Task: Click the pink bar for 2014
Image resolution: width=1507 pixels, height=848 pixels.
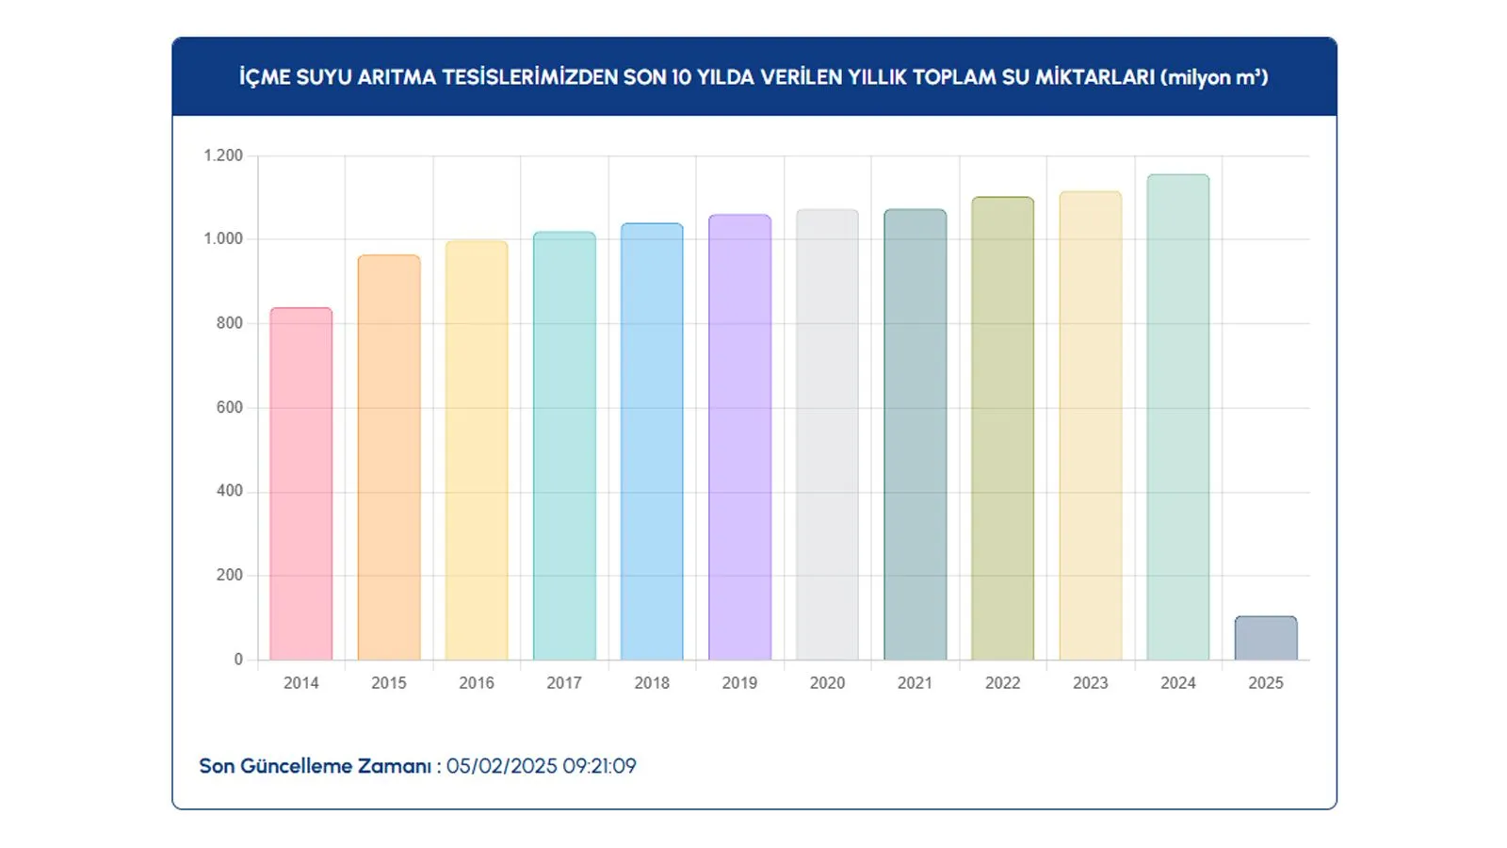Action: pyautogui.click(x=301, y=484)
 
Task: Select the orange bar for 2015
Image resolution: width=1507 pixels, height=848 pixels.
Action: pyautogui.click(x=389, y=458)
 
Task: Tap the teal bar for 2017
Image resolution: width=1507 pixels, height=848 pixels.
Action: pyautogui.click(x=564, y=446)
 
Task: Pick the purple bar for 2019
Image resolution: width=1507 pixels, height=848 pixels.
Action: pyautogui.click(x=739, y=437)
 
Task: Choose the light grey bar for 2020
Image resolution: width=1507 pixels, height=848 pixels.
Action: pyautogui.click(x=827, y=434)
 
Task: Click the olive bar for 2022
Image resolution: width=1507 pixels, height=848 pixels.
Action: pyautogui.click(x=1002, y=429)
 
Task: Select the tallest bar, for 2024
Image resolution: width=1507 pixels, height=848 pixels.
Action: pyautogui.click(x=1178, y=417)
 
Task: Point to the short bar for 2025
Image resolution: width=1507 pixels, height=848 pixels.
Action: pyautogui.click(x=1266, y=638)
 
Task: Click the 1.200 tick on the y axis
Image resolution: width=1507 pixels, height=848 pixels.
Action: pyautogui.click(x=223, y=155)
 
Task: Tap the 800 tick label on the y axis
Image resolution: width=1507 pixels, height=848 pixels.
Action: pyautogui.click(x=229, y=323)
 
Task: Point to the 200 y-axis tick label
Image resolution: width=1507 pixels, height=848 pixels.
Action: pyautogui.click(x=229, y=575)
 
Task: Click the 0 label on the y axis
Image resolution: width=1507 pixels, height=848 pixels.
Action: pyautogui.click(x=238, y=660)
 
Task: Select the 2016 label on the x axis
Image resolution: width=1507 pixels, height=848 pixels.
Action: pyautogui.click(x=477, y=683)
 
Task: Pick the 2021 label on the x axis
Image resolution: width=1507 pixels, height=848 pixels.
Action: pyautogui.click(x=915, y=683)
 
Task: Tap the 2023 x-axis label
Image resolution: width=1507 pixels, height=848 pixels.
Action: pyautogui.click(x=1090, y=683)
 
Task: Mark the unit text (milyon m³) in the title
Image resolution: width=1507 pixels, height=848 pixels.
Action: pyautogui.click(x=1215, y=77)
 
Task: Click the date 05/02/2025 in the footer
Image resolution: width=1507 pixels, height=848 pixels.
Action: pyautogui.click(x=502, y=766)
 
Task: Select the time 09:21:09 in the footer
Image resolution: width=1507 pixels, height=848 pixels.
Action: pyautogui.click(x=600, y=766)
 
